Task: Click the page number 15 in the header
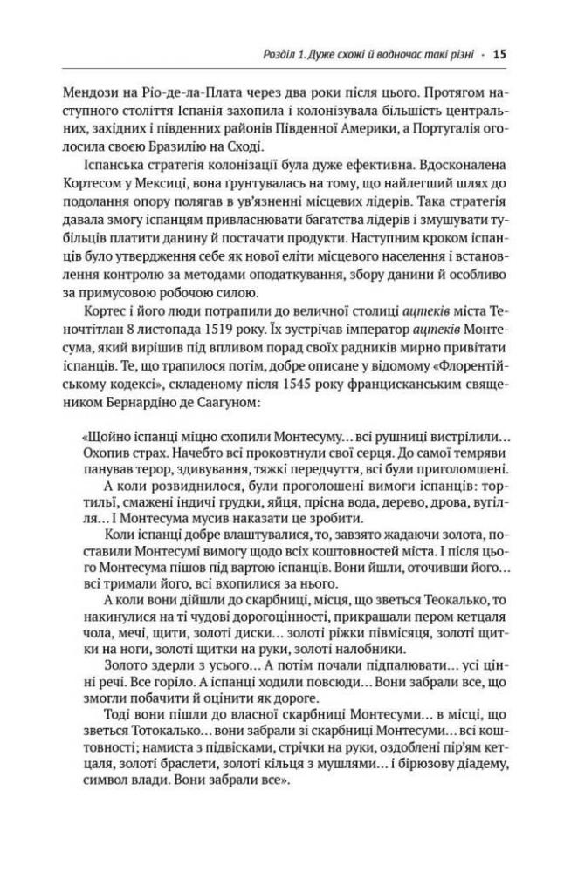coord(499,54)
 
